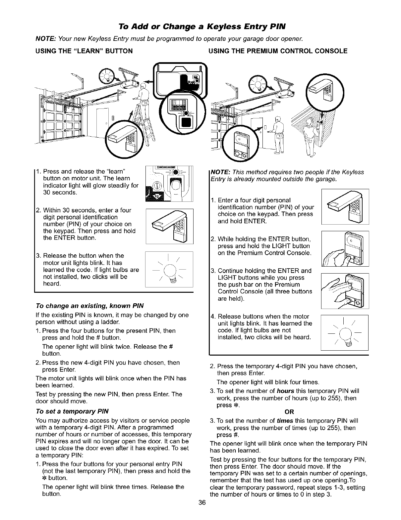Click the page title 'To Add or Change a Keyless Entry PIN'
[x=200, y=26]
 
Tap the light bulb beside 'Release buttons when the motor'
[x=345, y=332]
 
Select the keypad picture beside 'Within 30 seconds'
[x=169, y=227]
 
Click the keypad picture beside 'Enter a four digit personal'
[x=345, y=206]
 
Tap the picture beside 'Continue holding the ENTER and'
[x=345, y=291]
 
